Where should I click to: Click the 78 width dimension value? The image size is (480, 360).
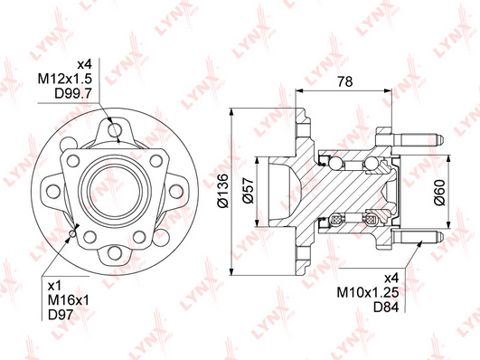coord(344,81)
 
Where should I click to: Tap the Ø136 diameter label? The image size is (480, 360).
coord(222,191)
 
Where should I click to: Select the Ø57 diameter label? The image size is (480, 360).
coord(249,190)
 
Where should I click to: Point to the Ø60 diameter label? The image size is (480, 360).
coord(439,193)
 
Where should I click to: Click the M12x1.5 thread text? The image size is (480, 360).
coord(64,79)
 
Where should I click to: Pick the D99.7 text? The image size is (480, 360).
coord(73,93)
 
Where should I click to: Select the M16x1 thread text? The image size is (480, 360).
coord(69,300)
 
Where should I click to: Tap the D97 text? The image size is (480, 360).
coord(61,315)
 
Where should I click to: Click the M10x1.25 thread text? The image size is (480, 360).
coord(368,292)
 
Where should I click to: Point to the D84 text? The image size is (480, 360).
coord(386,307)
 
